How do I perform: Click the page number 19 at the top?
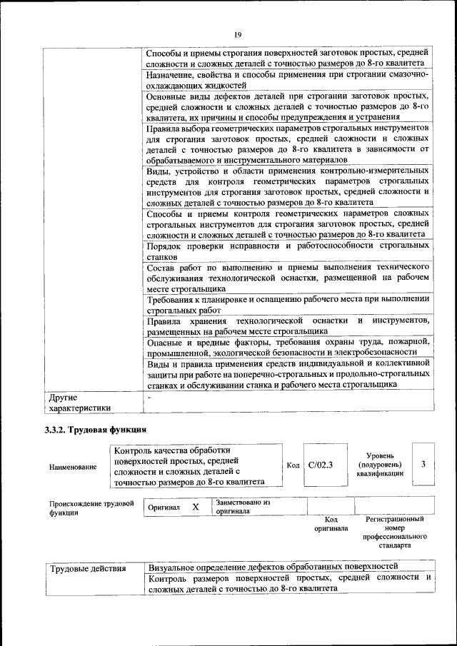237,33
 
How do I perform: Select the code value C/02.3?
321,465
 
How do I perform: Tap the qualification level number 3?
423,465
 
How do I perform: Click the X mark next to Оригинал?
195,506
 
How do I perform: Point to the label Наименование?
73,467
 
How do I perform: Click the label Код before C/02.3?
293,465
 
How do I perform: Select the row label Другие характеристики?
79,402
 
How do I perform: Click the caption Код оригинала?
331,524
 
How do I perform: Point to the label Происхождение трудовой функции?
91,508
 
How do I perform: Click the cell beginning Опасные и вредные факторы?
287,347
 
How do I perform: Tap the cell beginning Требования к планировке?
287,304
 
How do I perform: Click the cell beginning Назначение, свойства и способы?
287,79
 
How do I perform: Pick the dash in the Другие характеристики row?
149,396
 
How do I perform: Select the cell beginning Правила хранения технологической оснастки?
287,325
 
